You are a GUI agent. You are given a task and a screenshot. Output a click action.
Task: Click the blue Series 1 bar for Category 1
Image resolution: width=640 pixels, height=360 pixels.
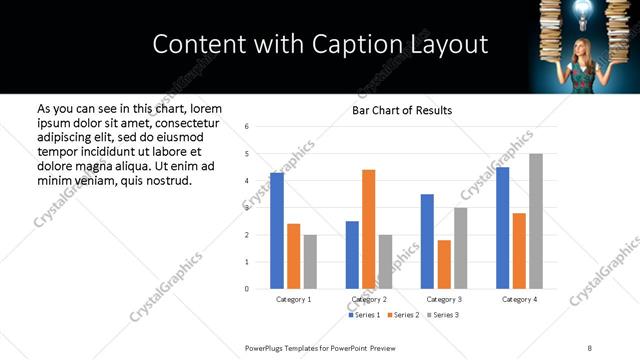[277, 231]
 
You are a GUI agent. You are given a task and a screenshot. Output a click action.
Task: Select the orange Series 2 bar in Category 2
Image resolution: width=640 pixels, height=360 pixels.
[369, 229]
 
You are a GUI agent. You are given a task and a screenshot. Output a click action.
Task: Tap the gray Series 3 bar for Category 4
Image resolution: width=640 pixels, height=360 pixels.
[536, 221]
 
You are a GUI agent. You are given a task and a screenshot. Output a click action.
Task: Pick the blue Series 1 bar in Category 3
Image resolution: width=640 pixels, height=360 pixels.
[427, 241]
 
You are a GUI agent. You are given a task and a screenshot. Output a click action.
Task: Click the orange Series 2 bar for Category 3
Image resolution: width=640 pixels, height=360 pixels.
[444, 264]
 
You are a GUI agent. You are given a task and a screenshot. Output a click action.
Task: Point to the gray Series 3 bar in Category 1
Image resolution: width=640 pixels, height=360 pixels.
[310, 262]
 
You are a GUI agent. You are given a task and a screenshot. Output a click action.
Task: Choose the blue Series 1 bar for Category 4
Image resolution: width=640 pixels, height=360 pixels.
[503, 228]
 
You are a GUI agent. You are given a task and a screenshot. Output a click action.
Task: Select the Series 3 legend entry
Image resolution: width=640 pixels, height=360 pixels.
[447, 315]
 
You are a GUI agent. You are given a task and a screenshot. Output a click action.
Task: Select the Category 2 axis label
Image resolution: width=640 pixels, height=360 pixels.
[369, 300]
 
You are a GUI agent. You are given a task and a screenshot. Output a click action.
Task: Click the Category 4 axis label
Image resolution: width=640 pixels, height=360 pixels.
[519, 300]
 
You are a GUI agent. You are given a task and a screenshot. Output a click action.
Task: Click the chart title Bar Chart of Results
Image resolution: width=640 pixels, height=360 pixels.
[402, 110]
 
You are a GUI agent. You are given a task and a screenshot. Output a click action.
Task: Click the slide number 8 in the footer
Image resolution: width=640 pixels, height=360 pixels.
[590, 347]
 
